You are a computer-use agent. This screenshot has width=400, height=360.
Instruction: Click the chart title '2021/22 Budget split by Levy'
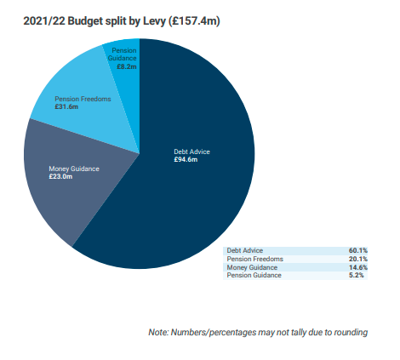click(94, 21)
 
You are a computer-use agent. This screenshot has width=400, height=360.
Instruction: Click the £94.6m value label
click(186, 160)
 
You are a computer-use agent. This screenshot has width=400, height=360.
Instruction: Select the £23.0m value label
click(60, 177)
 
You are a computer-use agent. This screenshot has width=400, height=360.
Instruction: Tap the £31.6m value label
click(66, 107)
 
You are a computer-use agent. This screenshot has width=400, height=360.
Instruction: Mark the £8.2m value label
click(127, 66)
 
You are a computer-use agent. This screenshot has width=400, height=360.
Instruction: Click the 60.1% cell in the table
click(358, 250)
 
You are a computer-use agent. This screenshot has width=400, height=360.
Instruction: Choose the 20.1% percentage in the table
click(358, 259)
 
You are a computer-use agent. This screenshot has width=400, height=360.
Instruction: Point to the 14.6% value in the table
click(358, 267)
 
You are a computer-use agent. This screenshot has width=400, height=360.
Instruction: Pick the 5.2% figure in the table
click(356, 275)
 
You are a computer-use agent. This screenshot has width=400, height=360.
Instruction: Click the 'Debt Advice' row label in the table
click(245, 250)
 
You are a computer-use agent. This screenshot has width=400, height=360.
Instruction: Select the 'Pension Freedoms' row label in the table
click(255, 259)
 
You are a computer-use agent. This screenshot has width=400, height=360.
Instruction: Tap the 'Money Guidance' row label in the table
click(252, 267)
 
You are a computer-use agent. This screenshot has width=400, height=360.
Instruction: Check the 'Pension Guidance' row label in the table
click(254, 275)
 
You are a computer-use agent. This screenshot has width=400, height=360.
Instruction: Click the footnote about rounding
click(258, 332)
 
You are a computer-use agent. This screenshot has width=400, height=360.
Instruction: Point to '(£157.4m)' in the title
click(194, 21)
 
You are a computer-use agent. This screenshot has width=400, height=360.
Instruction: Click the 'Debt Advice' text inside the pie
click(191, 151)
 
